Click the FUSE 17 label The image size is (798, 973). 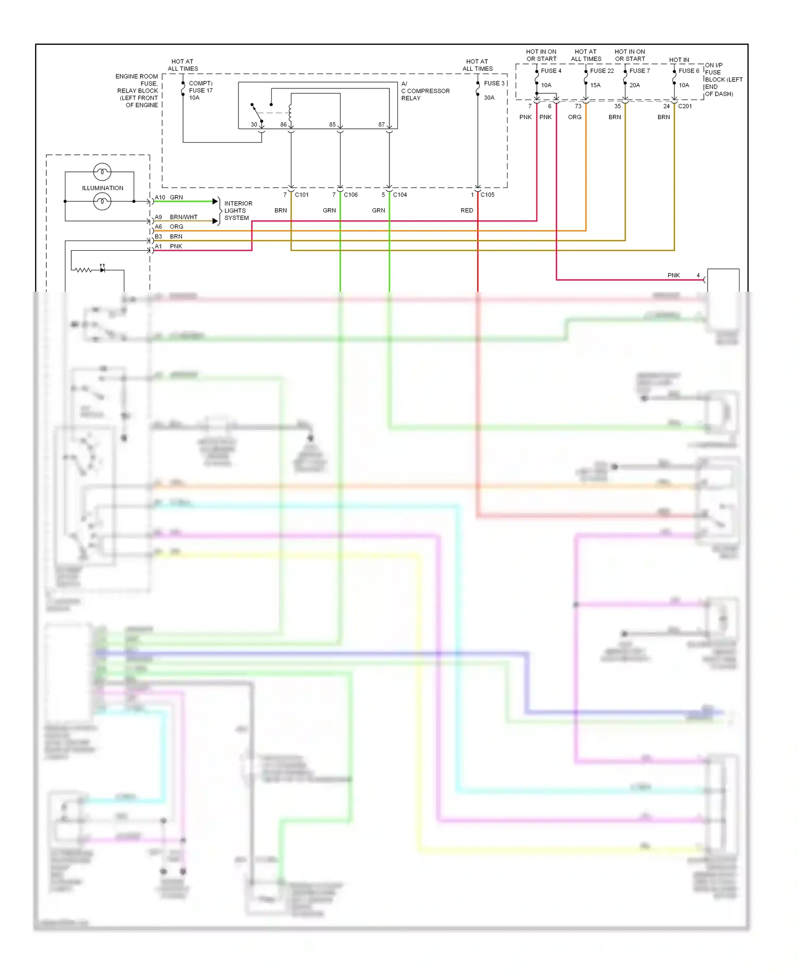[201, 90]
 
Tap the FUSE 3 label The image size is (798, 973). [494, 84]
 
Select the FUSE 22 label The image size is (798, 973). [602, 71]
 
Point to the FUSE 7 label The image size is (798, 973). [639, 71]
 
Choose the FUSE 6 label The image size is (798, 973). [688, 71]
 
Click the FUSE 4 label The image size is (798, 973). [551, 71]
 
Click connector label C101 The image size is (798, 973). [302, 195]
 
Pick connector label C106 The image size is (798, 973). [351, 195]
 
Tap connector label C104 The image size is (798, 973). [400, 195]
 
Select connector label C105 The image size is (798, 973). [487, 195]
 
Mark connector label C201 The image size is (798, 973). [685, 106]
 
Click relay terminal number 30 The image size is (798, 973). [254, 125]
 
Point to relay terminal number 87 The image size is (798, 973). [381, 125]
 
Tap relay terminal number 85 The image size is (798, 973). [332, 125]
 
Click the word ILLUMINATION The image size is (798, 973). [102, 188]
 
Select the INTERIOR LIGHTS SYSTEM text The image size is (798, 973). [238, 211]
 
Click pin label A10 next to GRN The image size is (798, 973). [160, 197]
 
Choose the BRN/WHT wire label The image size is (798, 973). [184, 217]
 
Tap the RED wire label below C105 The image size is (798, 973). [467, 211]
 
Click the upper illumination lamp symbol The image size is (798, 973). [102, 172]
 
